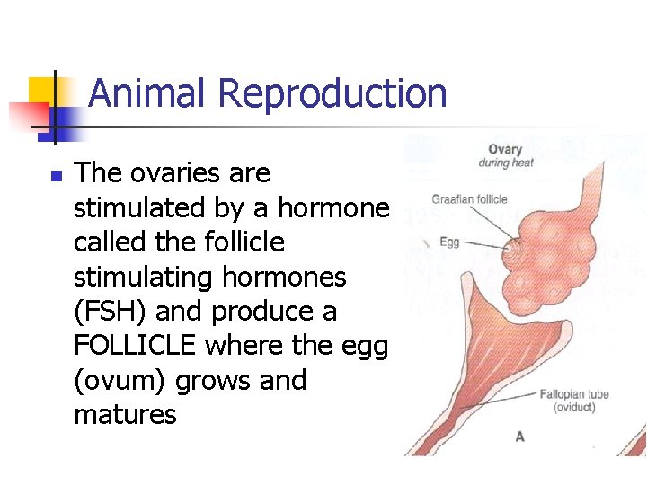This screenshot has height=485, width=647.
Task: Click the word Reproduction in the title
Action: pyautogui.click(x=332, y=93)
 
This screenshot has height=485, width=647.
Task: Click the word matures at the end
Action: pyautogui.click(x=125, y=415)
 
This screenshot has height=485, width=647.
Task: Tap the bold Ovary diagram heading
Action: pyautogui.click(x=505, y=149)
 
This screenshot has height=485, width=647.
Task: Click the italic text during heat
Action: pyautogui.click(x=505, y=163)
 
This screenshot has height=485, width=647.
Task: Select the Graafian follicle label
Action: pyautogui.click(x=469, y=199)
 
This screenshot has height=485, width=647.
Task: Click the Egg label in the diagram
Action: pyautogui.click(x=449, y=242)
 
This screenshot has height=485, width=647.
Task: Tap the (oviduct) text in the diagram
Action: pyautogui.click(x=573, y=408)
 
